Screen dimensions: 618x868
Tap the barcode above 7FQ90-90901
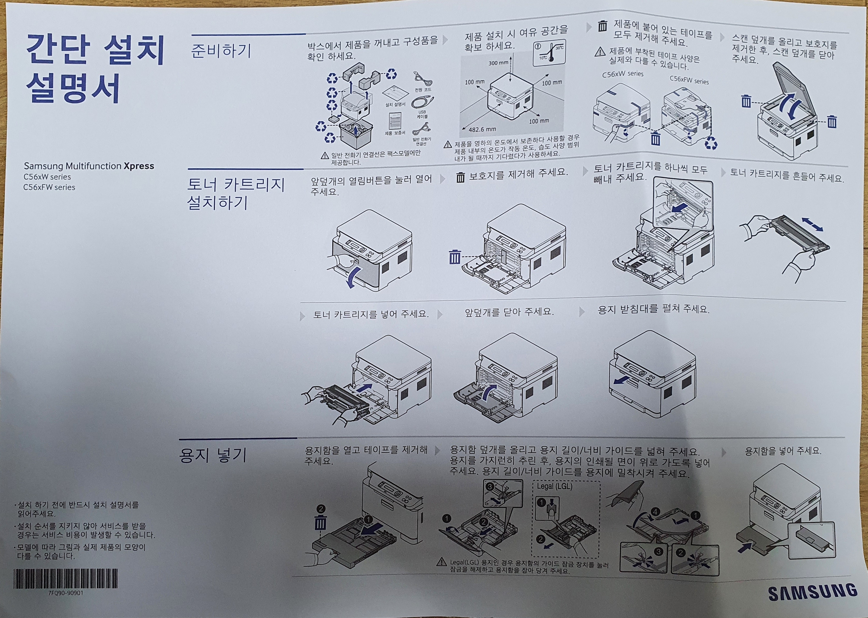pos(65,579)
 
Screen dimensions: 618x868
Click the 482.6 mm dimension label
pos(482,129)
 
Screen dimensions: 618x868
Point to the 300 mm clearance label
pos(498,63)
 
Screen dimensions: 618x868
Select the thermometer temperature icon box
pos(549,53)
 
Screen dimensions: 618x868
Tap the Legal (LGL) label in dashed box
pos(554,486)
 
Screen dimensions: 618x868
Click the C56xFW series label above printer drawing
pos(689,81)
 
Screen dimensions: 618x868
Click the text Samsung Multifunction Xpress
pos(89,166)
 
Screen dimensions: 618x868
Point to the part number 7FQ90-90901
pos(65,593)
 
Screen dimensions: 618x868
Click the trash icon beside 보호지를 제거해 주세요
pos(460,177)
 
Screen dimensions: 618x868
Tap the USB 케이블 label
pos(422,114)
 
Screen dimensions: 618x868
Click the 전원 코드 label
pos(423,90)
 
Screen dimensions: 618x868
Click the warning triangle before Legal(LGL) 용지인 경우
pos(441,562)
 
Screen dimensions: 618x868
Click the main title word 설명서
pos(73,88)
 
